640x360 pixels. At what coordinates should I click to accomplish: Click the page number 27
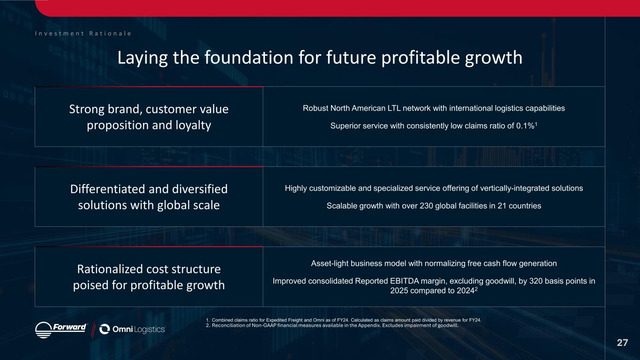click(x=622, y=343)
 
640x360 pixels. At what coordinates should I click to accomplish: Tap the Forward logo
click(x=61, y=330)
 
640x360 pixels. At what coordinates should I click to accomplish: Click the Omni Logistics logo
click(x=132, y=329)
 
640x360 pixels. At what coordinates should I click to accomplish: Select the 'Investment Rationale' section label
click(x=83, y=33)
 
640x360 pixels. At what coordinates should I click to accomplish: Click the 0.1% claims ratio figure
click(x=525, y=126)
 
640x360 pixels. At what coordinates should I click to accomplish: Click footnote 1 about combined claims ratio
click(x=343, y=320)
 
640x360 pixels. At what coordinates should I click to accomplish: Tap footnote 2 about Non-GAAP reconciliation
click(x=332, y=325)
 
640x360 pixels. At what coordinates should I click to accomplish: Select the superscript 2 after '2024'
click(x=476, y=289)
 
